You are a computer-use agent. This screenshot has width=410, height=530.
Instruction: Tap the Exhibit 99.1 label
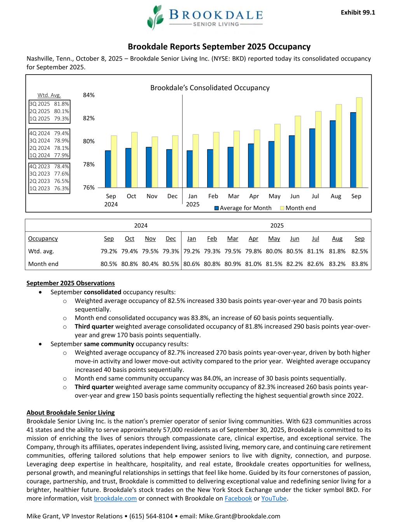[x=358, y=12]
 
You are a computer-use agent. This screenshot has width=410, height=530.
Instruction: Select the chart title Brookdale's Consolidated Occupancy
[x=210, y=88]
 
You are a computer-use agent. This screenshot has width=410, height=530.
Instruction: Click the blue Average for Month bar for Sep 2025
[x=353, y=149]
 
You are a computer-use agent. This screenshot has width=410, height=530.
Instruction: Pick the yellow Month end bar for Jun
[x=298, y=151]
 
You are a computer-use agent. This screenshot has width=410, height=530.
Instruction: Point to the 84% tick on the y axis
[x=89, y=95]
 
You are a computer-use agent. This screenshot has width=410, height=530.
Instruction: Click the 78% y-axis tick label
[x=89, y=164]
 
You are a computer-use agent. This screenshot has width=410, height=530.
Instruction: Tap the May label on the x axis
[x=274, y=196]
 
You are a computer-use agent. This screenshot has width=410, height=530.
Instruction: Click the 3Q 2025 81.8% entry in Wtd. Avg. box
[x=49, y=104]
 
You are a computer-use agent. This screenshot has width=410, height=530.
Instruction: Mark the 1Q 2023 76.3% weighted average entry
[x=49, y=188]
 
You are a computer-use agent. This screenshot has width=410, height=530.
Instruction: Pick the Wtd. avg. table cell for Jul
[x=315, y=251]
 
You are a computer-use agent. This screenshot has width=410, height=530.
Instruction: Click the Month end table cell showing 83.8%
[x=359, y=264]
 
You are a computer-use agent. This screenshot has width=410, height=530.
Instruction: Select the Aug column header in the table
[x=337, y=238]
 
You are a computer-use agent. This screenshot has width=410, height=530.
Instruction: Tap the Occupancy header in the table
[x=43, y=238]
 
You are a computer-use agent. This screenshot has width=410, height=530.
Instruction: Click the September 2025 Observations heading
[x=70, y=283]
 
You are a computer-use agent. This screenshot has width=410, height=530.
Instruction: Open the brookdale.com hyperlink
[x=115, y=498]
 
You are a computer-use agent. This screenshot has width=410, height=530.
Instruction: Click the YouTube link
[x=274, y=498]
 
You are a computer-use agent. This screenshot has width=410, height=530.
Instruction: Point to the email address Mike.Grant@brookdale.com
[x=239, y=516]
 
